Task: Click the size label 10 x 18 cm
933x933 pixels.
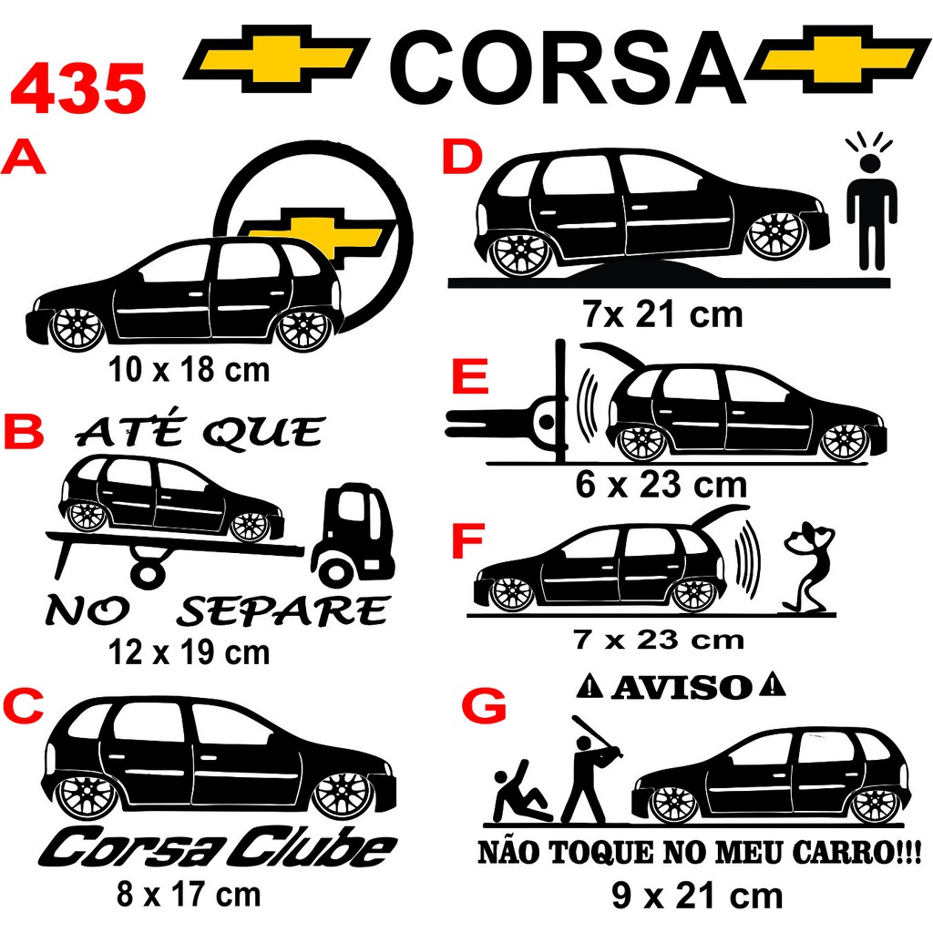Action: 189,370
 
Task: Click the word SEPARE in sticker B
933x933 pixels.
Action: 282,611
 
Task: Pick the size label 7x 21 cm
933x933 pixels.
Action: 662,315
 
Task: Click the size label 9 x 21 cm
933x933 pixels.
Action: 697,897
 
